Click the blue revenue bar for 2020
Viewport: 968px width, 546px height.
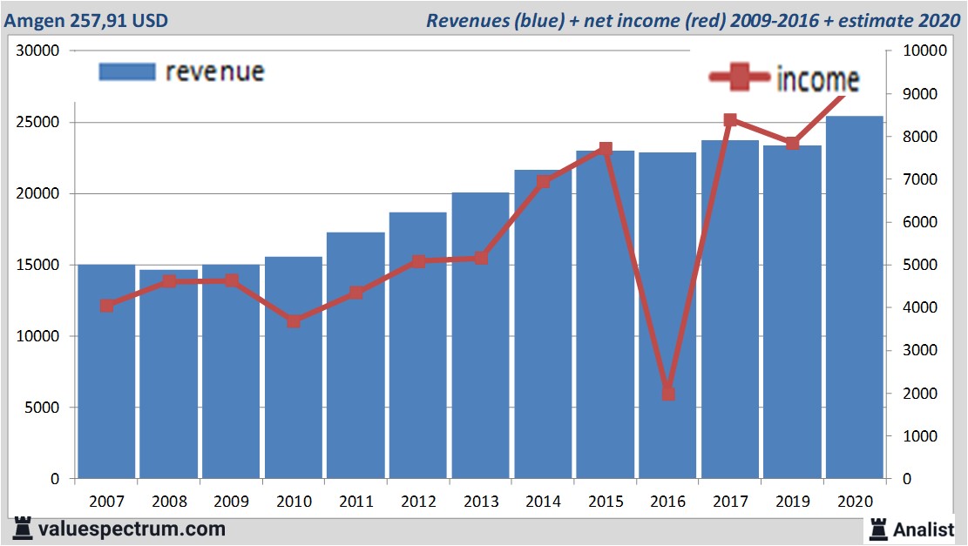click(x=855, y=296)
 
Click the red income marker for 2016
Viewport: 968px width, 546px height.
click(x=667, y=394)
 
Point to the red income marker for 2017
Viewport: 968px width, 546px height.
click(x=730, y=121)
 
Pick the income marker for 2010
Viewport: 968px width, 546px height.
click(x=294, y=321)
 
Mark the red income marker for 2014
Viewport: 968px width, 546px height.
click(x=543, y=182)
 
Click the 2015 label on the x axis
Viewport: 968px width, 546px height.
click(x=606, y=502)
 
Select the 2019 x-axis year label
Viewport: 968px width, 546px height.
click(x=793, y=502)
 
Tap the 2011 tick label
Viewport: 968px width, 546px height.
click(x=355, y=502)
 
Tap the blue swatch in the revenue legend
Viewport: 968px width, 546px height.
click(x=127, y=71)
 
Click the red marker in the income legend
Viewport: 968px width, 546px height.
click(x=739, y=78)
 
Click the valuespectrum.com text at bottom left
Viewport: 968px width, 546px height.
click(x=131, y=528)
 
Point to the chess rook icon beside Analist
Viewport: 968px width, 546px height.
click(x=878, y=528)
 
